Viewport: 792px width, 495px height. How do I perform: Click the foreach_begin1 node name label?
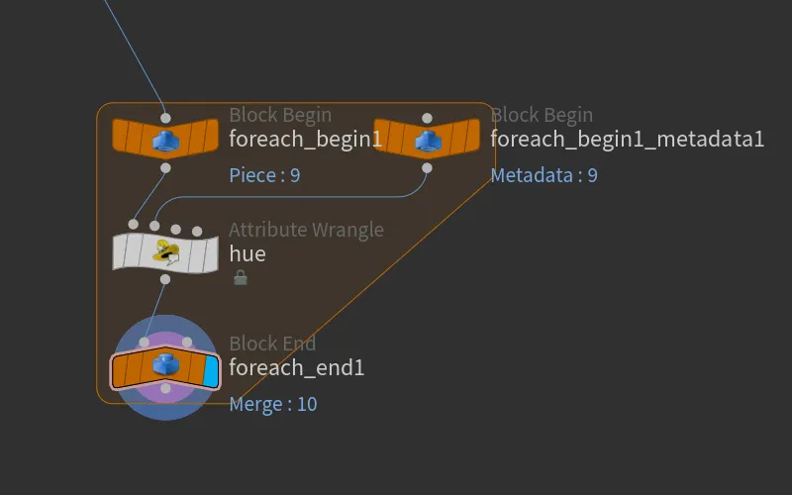point(305,139)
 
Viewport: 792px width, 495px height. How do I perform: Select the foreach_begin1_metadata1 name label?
point(628,139)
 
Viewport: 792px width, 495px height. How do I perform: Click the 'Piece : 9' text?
point(264,175)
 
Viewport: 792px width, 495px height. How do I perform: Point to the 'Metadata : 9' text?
point(544,175)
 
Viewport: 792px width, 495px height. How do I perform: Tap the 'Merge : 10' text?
point(273,404)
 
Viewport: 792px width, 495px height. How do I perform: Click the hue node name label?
point(247,253)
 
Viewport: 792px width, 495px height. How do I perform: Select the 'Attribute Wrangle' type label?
point(306,230)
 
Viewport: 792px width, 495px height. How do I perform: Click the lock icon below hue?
point(241,277)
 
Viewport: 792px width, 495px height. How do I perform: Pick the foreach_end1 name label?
point(296,367)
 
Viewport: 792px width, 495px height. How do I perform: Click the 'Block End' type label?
point(272,344)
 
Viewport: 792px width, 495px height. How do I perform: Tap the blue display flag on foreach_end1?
point(210,371)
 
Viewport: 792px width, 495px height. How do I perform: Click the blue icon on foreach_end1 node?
point(164,363)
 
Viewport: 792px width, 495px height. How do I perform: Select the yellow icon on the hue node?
point(166,252)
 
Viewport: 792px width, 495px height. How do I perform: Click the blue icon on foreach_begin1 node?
point(165,140)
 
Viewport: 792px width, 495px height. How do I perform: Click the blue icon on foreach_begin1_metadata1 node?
point(428,140)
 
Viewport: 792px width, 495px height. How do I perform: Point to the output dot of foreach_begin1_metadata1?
point(427,167)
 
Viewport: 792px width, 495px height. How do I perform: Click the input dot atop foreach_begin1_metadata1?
point(427,118)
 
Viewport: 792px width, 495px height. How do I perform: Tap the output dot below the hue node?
point(165,279)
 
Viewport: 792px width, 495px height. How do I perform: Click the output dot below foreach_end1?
point(165,388)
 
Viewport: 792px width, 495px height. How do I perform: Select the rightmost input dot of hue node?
point(197,232)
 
